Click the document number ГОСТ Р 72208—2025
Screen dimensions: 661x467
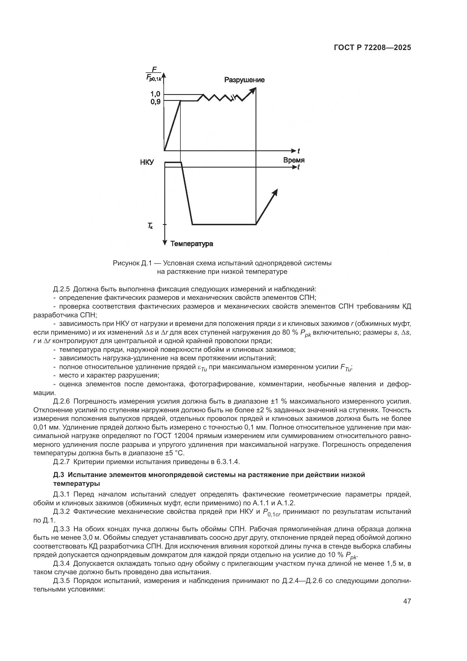coord(372,48)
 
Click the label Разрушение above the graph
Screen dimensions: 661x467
coord(244,80)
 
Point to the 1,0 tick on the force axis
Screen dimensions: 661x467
coord(156,94)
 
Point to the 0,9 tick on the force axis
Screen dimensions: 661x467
coord(156,101)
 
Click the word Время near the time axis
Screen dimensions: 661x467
coord(294,160)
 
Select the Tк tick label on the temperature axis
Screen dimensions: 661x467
coord(150,226)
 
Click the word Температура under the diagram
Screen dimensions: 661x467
coord(191,244)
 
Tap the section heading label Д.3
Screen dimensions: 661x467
coord(58,475)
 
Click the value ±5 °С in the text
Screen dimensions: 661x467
coord(172,453)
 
